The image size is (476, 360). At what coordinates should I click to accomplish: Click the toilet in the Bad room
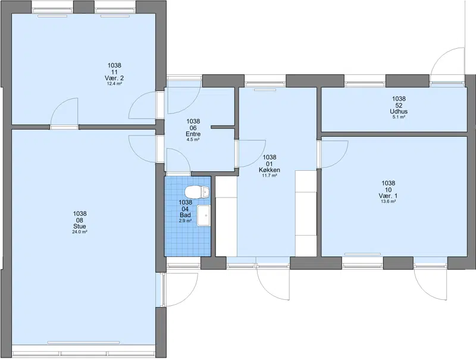pyautogui.click(x=197, y=192)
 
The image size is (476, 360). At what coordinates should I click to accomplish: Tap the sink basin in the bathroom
pyautogui.click(x=203, y=215)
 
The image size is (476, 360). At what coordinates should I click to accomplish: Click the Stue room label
pyautogui.click(x=80, y=227)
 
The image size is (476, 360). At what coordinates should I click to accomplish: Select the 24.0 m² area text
pyautogui.click(x=80, y=232)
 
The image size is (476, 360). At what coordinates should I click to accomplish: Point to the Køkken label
pyautogui.click(x=270, y=170)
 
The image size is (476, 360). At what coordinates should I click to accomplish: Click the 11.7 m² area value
pyautogui.click(x=270, y=176)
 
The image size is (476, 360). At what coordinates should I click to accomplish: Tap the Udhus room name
pyautogui.click(x=399, y=111)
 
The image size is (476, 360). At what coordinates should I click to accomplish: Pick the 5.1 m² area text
pyautogui.click(x=399, y=117)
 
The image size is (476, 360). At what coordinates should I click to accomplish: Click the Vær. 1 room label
pyautogui.click(x=389, y=196)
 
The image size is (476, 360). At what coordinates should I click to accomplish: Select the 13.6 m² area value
pyautogui.click(x=389, y=201)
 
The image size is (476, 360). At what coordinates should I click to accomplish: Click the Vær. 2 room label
pyautogui.click(x=114, y=78)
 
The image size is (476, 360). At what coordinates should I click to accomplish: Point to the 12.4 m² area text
pyautogui.click(x=114, y=83)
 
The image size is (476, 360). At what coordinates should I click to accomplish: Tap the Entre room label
pyautogui.click(x=193, y=134)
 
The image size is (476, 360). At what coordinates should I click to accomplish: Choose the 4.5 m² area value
pyautogui.click(x=193, y=140)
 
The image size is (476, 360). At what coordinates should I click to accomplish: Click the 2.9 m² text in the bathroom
pyautogui.click(x=185, y=221)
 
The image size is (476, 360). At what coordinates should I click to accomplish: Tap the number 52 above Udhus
pyautogui.click(x=399, y=105)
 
